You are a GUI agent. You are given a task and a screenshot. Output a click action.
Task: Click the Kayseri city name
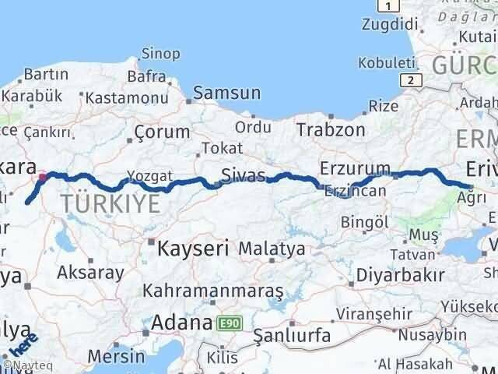click(x=192, y=249)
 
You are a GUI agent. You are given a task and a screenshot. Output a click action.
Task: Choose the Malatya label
click(x=271, y=249)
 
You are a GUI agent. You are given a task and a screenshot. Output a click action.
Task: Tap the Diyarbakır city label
click(x=400, y=275)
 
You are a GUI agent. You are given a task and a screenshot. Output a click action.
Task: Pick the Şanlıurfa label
click(x=292, y=337)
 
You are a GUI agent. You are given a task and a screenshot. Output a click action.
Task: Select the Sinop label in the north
click(x=160, y=54)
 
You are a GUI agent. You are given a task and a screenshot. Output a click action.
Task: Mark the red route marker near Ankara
click(x=42, y=176)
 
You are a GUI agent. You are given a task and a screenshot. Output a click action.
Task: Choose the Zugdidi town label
click(x=388, y=25)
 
